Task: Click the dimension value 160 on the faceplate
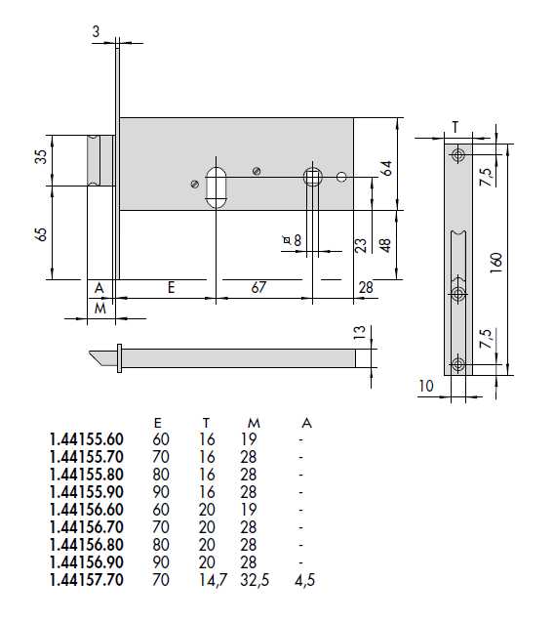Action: click(495, 263)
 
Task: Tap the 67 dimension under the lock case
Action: click(258, 287)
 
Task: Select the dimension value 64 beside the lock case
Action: click(387, 168)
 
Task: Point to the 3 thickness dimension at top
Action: click(96, 31)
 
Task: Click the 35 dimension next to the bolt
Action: click(41, 156)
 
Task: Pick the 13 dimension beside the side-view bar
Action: click(359, 332)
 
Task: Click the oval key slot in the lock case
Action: click(216, 187)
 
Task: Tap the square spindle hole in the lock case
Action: click(313, 177)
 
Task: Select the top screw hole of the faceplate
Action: click(458, 155)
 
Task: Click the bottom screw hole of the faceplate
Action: click(458, 364)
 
